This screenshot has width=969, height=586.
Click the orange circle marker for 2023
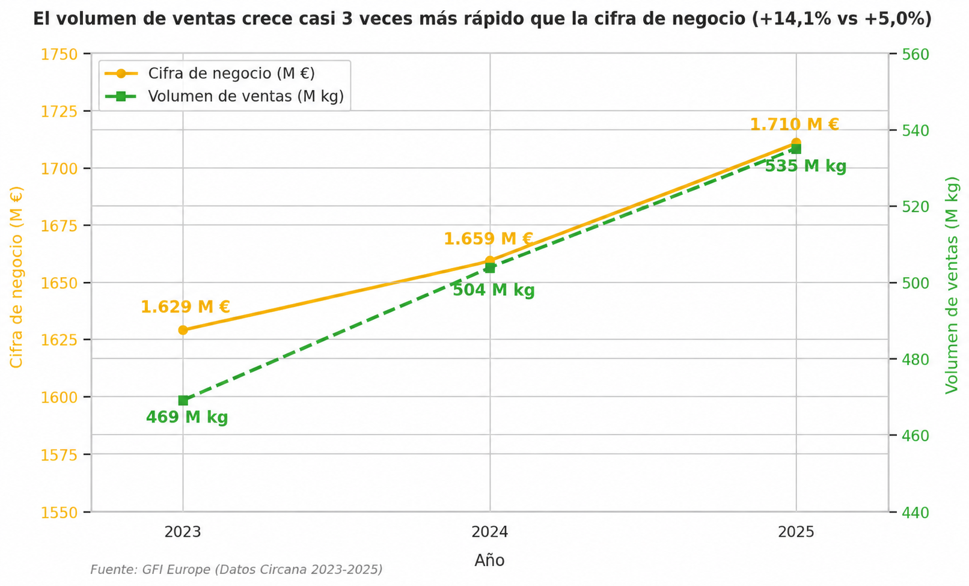[x=183, y=330]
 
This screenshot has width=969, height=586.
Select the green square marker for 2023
[x=183, y=400]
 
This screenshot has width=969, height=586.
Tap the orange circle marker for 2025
[x=796, y=142]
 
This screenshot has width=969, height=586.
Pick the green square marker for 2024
[x=490, y=268]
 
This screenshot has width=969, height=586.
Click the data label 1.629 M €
[x=185, y=307]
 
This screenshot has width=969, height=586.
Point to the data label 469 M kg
[x=187, y=418]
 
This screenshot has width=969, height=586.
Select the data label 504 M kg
[x=494, y=290]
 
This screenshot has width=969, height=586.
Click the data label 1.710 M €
[x=794, y=124]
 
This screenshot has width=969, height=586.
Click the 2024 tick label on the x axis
[x=490, y=532]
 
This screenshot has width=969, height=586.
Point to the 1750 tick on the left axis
[x=60, y=55]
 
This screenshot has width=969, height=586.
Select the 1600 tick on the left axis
[x=60, y=397]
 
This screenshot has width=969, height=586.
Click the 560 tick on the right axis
[x=916, y=55]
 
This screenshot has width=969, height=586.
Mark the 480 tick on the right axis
[x=916, y=359]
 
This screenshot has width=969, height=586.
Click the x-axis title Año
[x=490, y=561]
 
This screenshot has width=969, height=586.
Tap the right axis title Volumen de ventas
[x=952, y=285]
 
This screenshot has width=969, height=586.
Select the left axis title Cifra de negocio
[x=16, y=277]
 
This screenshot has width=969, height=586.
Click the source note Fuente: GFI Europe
[x=236, y=570]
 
